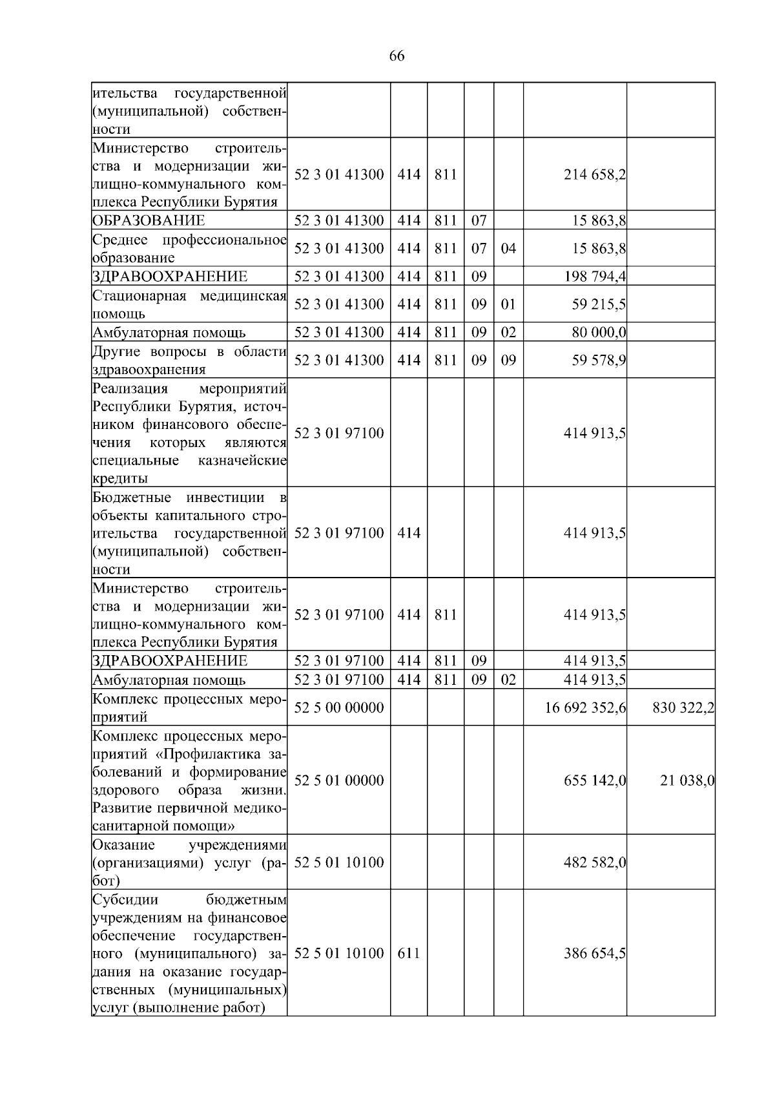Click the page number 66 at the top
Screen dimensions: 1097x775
397,56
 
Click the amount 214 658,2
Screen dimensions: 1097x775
594,174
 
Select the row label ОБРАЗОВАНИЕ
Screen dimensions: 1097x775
149,220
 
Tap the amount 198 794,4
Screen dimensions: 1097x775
594,277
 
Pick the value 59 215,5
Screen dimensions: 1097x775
598,304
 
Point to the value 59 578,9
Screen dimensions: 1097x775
598,360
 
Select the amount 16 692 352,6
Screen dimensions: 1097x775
586,707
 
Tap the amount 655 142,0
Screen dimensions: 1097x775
594,780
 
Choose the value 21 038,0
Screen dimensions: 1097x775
687,780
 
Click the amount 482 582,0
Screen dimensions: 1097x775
594,862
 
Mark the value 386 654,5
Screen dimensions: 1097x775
594,954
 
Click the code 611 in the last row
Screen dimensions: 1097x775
409,954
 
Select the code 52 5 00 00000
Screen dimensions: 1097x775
339,707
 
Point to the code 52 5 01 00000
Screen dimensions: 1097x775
339,780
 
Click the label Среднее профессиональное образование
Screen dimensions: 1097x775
189,249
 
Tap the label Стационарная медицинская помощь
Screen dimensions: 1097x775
189,304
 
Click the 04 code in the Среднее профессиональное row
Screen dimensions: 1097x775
508,249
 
